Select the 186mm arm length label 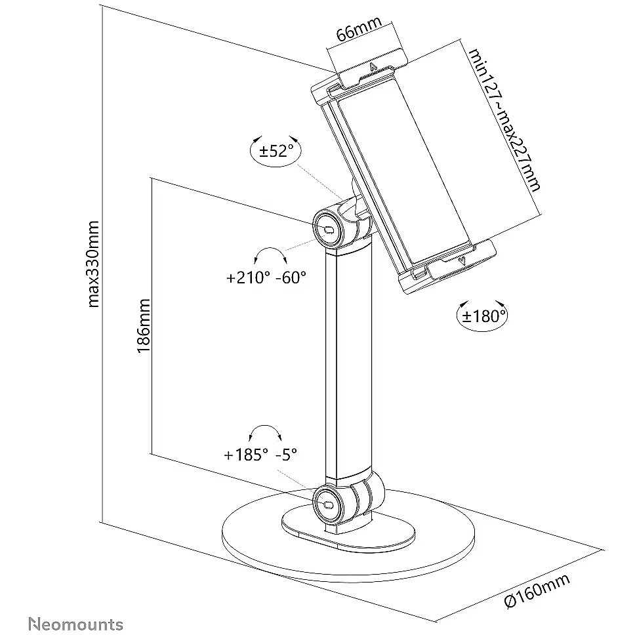click(144, 326)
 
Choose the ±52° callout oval click(275, 152)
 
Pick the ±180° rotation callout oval click(482, 316)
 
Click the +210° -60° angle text click(266, 277)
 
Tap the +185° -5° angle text click(260, 454)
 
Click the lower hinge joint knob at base click(327, 501)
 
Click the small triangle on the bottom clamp click(464, 262)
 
